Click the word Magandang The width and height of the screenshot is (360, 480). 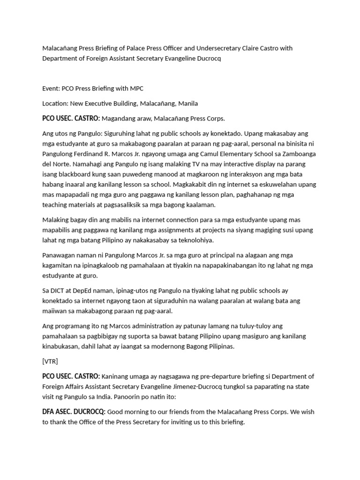tap(120, 118)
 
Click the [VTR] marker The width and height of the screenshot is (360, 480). tap(50, 361)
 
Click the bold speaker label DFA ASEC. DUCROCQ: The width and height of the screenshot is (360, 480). tap(74, 412)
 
